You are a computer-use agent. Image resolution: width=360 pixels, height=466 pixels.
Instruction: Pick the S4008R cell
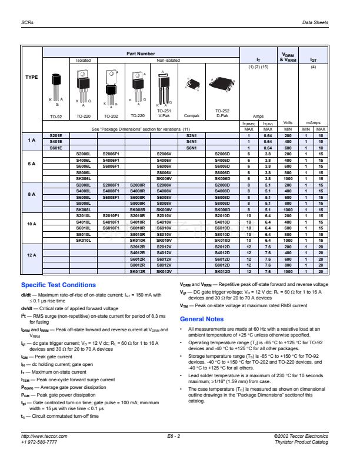138,191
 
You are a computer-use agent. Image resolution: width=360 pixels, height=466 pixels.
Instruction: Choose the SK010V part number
164,240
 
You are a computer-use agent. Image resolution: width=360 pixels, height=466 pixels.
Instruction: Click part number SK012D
222,271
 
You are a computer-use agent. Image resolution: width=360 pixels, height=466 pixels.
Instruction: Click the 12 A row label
31,255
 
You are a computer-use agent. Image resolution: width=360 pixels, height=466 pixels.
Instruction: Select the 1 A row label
31,141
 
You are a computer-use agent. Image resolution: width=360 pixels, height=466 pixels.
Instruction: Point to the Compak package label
191,116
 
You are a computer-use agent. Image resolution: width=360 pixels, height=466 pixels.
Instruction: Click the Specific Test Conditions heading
58,285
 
